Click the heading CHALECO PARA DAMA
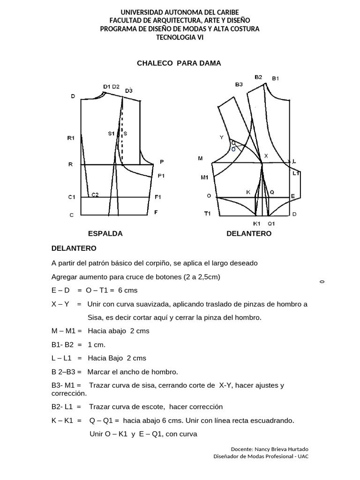pyautogui.click(x=179, y=63)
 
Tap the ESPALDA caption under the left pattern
pyautogui.click(x=105, y=233)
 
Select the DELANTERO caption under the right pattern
pyautogui.click(x=248, y=233)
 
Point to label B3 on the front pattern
pyautogui.click(x=239, y=85)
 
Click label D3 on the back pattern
pyautogui.click(x=129, y=90)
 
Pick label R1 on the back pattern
pyautogui.click(x=71, y=138)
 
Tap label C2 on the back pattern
pyautogui.click(x=95, y=195)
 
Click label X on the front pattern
pyautogui.click(x=266, y=155)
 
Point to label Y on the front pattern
pyautogui.click(x=221, y=137)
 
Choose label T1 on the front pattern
pyautogui.click(x=207, y=213)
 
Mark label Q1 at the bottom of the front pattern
pyautogui.click(x=271, y=224)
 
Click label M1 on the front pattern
pyautogui.click(x=204, y=177)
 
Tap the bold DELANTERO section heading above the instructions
pyautogui.click(x=74, y=247)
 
